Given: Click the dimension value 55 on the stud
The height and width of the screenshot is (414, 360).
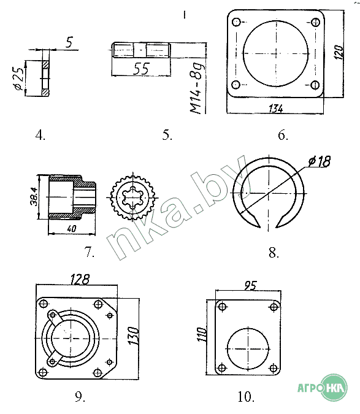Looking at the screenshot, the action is point(142,69).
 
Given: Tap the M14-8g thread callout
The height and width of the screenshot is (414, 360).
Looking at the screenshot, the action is point(198,88).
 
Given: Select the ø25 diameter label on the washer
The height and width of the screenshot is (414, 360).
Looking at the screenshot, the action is point(18,79).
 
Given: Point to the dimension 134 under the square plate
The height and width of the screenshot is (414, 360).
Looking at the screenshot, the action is point(276,109).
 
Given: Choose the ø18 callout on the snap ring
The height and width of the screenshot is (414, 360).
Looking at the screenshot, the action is point(320,161).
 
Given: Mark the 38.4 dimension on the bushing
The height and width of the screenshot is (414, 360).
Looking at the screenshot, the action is point(34,197).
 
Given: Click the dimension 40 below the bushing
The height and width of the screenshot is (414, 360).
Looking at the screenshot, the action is point(72,228).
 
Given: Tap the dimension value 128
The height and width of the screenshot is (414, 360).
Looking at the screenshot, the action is point(80,279).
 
